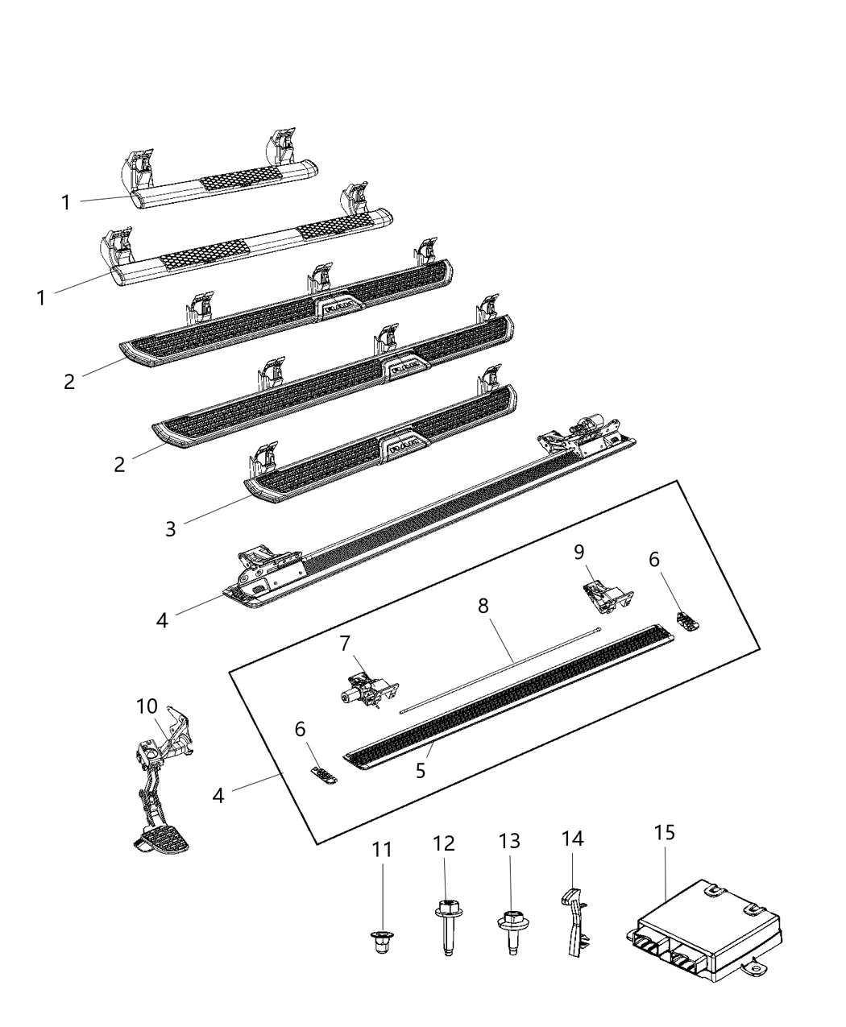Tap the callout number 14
572,840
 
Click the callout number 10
147,706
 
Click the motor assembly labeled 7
367,687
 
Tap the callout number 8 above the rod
483,606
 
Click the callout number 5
421,770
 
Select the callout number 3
170,529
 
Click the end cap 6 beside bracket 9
689,621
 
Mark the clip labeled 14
574,916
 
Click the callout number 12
444,843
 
